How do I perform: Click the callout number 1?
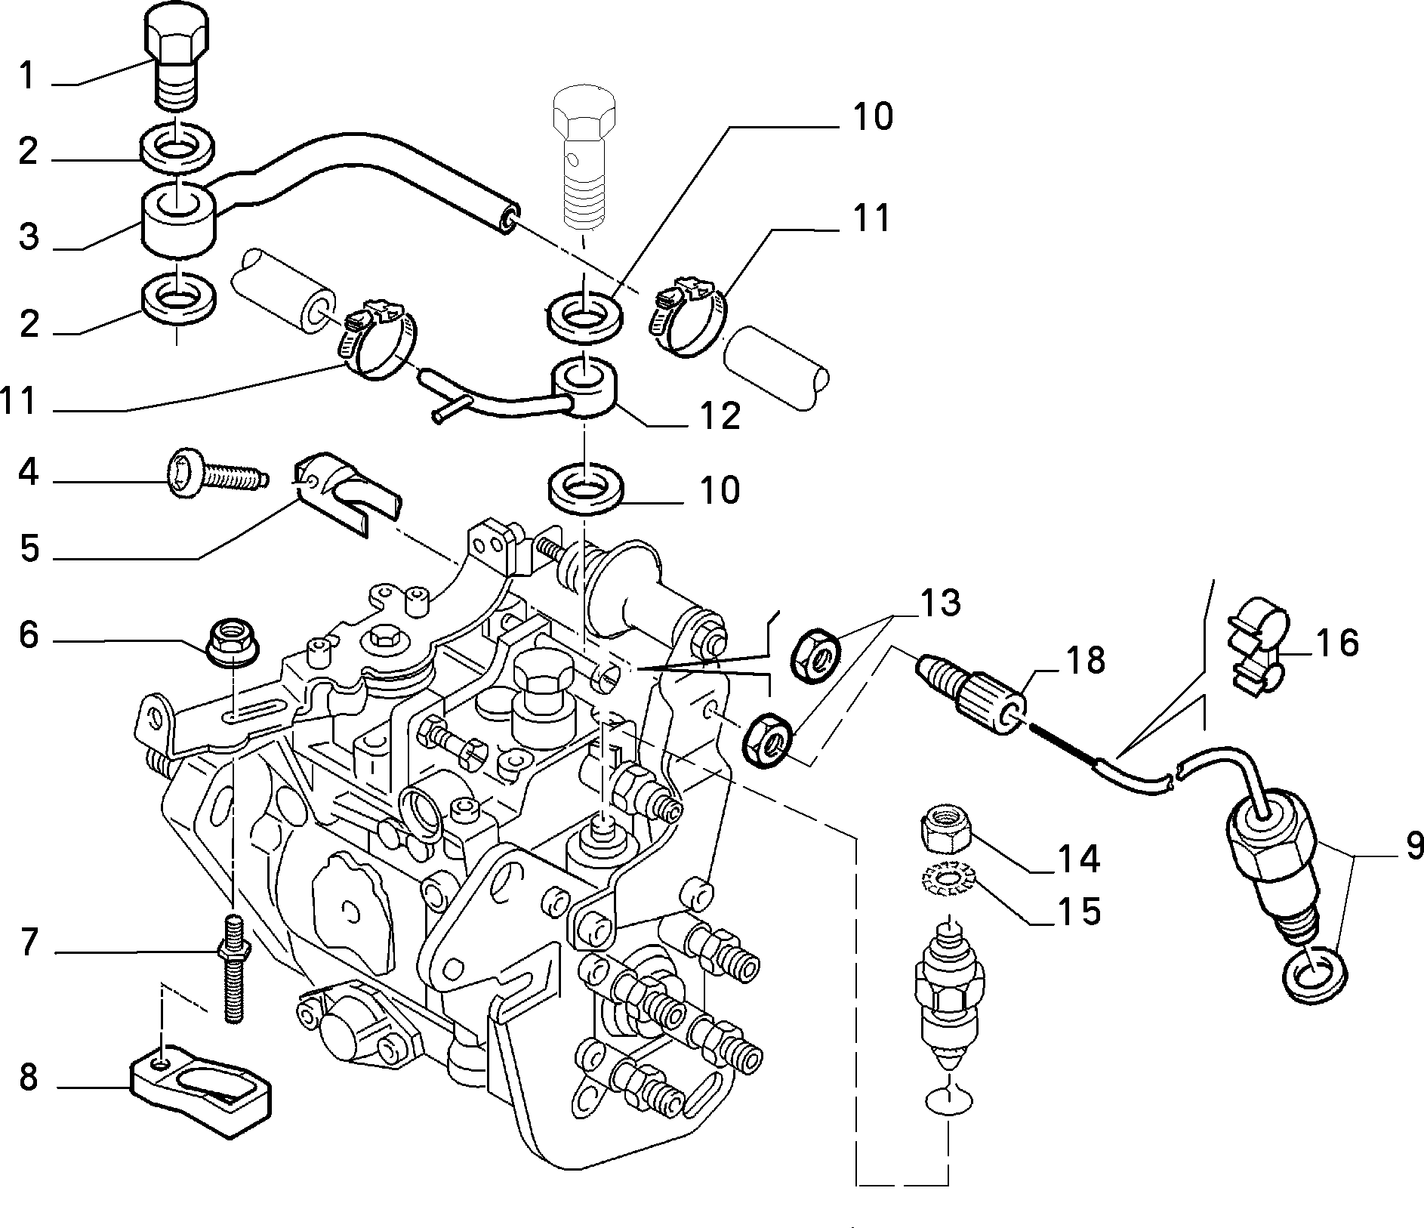coord(27,76)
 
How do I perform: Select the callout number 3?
coord(29,236)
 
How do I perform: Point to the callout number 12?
coord(720,415)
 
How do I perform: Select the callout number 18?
coord(1085,659)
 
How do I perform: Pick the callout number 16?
coord(1336,643)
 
